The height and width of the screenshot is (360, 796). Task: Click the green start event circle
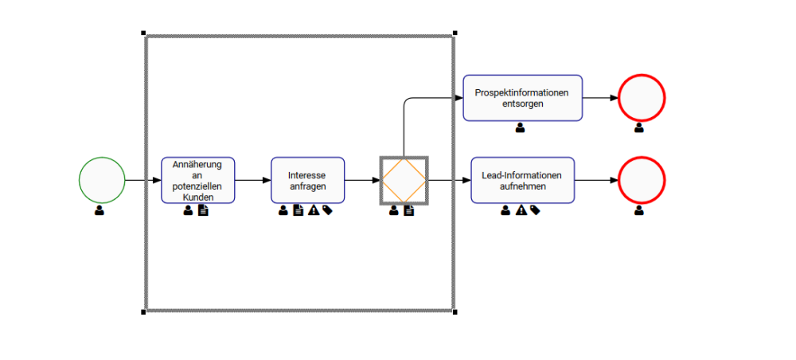[102, 180]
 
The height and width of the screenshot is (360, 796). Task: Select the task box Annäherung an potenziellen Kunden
[198, 180]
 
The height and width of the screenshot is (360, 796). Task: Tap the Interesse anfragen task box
[307, 180]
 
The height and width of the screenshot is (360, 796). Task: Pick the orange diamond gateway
[404, 180]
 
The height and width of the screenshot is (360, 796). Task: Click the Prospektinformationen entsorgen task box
[522, 98]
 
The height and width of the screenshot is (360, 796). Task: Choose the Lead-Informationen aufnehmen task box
[522, 180]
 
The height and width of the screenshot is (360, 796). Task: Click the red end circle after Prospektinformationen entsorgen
[641, 98]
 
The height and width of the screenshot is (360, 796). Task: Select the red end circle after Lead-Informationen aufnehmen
[641, 180]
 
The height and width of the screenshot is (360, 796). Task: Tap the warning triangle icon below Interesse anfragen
[314, 210]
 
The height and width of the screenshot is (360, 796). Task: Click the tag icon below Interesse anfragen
[328, 210]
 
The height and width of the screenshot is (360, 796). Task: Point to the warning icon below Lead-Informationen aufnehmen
[521, 210]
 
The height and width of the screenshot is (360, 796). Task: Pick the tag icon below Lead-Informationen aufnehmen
[535, 210]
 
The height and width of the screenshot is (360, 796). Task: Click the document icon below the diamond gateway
[409, 210]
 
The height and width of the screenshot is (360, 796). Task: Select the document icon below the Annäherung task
[203, 210]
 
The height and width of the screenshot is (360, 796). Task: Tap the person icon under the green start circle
[99, 210]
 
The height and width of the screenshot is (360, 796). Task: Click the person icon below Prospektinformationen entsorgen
[521, 127]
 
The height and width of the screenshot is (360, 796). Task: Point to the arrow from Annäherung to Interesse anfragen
[252, 180]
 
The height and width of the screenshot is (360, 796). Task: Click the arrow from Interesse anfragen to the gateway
[362, 180]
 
